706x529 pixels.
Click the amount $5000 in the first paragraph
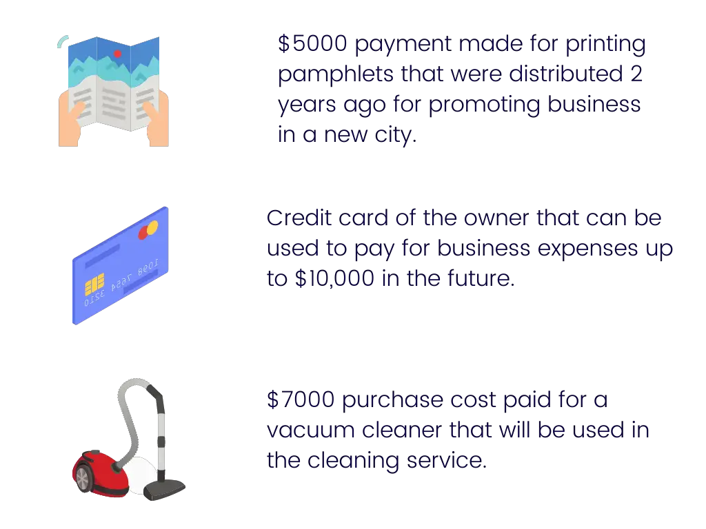312,43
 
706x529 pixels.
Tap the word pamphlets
336,74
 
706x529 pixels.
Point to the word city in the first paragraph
394,135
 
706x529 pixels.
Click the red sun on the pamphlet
117,54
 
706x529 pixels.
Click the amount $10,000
334,278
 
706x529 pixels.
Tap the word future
481,278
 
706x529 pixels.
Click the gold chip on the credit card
94,284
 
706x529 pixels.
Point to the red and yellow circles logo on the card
148,230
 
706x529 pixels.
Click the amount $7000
301,400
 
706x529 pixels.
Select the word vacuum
311,431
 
